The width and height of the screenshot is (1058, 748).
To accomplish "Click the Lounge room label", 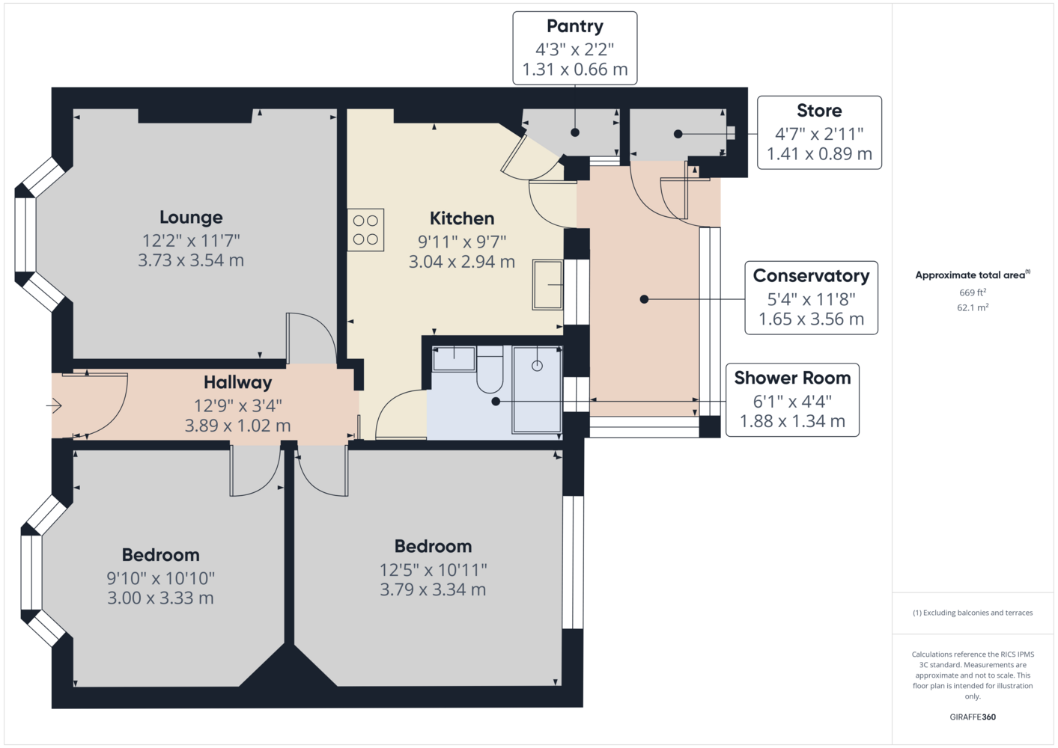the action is click(x=191, y=217).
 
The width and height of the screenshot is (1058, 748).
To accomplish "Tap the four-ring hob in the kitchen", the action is click(x=365, y=230).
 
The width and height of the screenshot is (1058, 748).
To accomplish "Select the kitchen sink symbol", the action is click(x=547, y=284).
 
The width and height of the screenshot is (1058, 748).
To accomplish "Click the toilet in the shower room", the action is click(x=490, y=369).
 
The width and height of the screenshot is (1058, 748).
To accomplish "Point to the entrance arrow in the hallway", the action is click(x=54, y=405).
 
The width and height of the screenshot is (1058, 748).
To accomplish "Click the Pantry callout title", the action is click(x=575, y=26).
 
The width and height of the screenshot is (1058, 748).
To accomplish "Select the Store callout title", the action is click(x=819, y=111).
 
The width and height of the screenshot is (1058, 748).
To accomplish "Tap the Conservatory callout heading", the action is click(x=811, y=275).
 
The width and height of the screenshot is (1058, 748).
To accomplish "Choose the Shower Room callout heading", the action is click(x=792, y=378).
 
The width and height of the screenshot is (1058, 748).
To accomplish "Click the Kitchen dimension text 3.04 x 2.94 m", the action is click(x=461, y=262).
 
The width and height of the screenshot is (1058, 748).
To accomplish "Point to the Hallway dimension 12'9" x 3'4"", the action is click(x=237, y=405).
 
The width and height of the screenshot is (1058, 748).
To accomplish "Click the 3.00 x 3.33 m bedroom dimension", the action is click(x=160, y=598).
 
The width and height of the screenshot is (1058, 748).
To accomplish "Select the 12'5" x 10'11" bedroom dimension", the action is click(x=433, y=570).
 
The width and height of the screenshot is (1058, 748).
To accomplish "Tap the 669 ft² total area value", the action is click(x=973, y=292).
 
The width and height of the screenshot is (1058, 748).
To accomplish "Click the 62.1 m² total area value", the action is click(x=973, y=307).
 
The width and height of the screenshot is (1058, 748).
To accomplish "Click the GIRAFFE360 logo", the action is click(x=973, y=717).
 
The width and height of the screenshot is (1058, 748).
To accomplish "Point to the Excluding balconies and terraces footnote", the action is click(x=973, y=613).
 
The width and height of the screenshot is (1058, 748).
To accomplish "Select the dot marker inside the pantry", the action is click(x=575, y=132).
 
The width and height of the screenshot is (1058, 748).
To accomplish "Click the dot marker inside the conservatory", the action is click(x=644, y=299).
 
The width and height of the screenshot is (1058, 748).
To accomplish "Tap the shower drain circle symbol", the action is click(x=537, y=366).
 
